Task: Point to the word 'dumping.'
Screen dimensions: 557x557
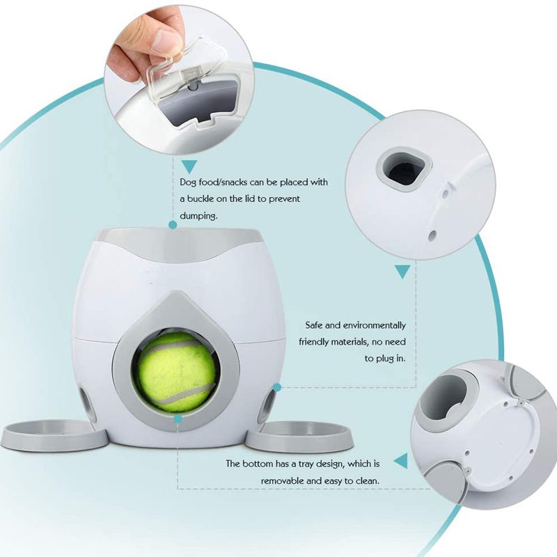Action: click(x=198, y=215)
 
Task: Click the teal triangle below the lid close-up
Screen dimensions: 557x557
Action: click(x=189, y=166)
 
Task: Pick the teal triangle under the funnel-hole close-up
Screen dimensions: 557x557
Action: click(x=402, y=272)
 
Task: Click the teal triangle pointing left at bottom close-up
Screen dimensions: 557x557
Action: click(x=401, y=461)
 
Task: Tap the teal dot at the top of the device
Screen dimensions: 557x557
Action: click(x=173, y=224)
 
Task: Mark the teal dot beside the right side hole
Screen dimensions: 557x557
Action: click(x=277, y=387)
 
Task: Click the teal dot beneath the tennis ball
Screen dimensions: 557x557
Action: click(x=178, y=418)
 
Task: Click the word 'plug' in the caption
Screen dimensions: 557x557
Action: click(x=384, y=359)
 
